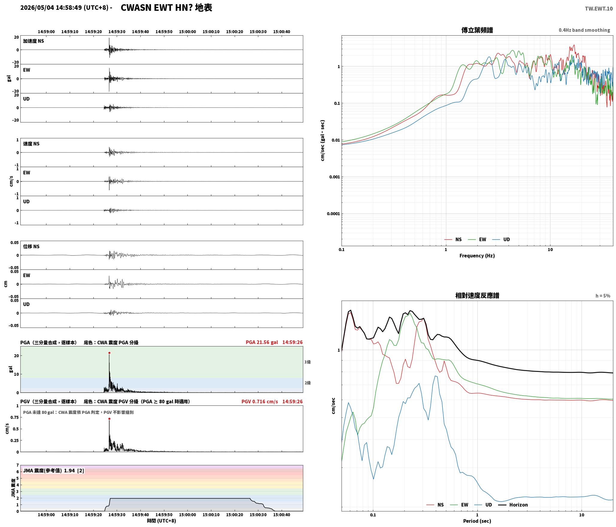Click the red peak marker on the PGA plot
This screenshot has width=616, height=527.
pos(109,353)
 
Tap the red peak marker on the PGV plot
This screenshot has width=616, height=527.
pos(109,419)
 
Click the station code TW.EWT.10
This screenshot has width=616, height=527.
pos(599,9)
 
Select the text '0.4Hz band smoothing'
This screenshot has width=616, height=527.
pos(584,30)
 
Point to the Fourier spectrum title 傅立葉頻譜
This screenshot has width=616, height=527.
pos(477,30)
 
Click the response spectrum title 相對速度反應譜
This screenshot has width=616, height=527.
pos(477,296)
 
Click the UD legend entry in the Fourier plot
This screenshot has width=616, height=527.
pos(501,239)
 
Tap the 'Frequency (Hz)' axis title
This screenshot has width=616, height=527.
pos(477,256)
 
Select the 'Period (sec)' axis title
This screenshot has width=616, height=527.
pos(477,521)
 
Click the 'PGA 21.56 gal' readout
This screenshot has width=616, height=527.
pos(262,342)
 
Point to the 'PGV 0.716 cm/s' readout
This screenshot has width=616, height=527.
pos(260,402)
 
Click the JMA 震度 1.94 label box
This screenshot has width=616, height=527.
pos(54,470)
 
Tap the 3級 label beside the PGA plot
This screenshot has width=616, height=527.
pos(307,362)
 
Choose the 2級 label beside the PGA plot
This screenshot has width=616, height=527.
pos(307,383)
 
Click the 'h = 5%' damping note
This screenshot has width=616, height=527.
pos(603,296)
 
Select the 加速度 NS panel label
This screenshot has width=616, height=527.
pos(34,41)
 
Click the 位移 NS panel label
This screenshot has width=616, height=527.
pos(31,246)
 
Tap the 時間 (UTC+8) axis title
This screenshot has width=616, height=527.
pos(162,521)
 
